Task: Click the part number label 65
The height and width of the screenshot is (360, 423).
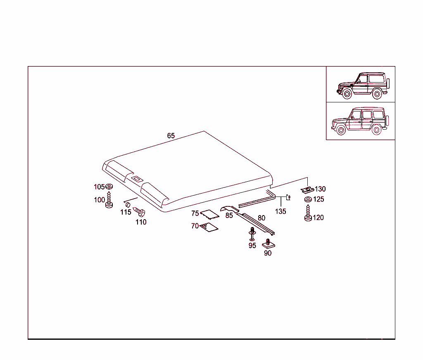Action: click(171, 136)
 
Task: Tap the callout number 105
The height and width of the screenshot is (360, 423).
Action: click(99, 187)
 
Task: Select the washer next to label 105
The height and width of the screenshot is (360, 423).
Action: click(109, 186)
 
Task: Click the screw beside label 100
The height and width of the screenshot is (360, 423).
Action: click(109, 200)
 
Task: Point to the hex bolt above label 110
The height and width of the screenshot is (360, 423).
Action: click(140, 212)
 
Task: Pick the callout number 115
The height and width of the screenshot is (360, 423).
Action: click(126, 212)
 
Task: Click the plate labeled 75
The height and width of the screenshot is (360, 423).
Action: click(209, 214)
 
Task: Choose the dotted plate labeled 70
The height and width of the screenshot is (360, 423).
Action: click(209, 227)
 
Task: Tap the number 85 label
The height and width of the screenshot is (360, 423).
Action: click(229, 215)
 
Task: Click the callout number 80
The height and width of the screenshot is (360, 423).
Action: click(261, 218)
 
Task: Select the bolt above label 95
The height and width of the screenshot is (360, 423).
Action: click(252, 234)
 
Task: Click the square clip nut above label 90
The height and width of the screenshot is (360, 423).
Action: click(269, 244)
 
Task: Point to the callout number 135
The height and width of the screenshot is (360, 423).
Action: click(280, 211)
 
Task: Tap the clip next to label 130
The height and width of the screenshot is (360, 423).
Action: click(307, 190)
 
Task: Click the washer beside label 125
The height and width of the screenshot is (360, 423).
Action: click(308, 199)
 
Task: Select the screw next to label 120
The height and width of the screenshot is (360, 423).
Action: click(308, 213)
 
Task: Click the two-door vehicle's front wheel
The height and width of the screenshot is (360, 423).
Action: click(347, 94)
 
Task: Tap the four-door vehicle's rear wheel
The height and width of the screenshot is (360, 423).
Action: click(376, 130)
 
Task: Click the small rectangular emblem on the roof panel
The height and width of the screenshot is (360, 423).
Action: click(137, 179)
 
